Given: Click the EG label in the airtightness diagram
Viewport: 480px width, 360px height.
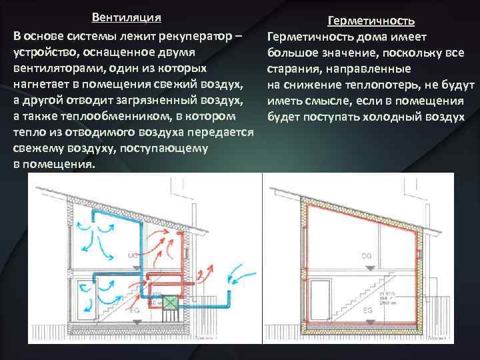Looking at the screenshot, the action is [x=367, y=311].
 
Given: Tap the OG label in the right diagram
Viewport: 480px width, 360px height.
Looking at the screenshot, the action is [x=366, y=255].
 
